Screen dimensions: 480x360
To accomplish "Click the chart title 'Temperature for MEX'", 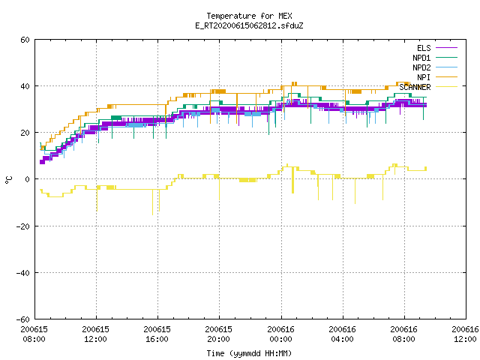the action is coord(249,16).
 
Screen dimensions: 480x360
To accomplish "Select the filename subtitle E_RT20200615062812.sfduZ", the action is coord(249,25).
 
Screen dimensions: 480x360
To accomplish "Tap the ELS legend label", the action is coord(424,48).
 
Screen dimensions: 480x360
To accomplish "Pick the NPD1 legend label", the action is coord(421,58).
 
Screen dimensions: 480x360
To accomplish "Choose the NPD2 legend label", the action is coord(421,67).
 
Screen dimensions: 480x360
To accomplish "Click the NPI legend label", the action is coord(424,77).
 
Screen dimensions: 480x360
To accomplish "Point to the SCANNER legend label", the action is coord(415,87).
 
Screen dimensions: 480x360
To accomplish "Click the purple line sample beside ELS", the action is coord(447,48).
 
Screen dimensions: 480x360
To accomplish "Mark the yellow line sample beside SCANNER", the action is coord(447,87).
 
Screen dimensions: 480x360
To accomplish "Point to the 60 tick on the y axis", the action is coord(25,40).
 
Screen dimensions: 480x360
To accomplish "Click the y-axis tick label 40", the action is coord(25,86).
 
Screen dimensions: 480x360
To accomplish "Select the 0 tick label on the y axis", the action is coord(28,179).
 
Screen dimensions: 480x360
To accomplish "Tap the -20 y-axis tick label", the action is coord(23,226).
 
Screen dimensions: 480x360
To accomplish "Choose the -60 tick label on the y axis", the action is coord(23,319).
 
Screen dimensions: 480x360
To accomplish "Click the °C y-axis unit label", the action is coord(9,179).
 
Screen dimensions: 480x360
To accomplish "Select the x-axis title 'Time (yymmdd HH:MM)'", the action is coord(249,353).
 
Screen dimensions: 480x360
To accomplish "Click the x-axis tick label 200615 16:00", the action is coord(157,334).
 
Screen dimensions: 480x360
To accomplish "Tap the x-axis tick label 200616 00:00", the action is coord(280,334).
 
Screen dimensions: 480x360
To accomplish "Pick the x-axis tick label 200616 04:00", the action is coord(342,334).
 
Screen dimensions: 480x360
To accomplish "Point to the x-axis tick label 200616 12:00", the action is coord(465,334).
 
